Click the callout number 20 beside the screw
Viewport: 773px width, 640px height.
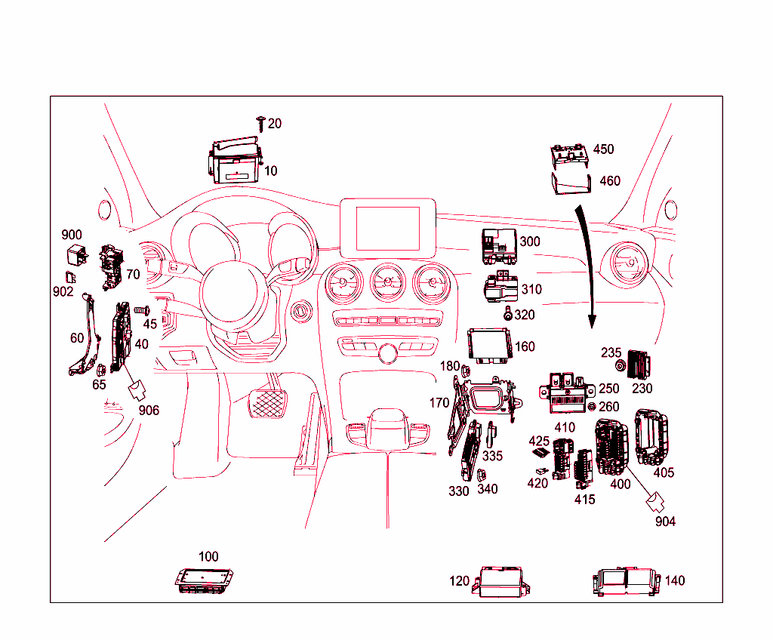(x=275, y=123)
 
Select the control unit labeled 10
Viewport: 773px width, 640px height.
(x=234, y=162)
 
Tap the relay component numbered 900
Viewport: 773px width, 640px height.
(x=76, y=254)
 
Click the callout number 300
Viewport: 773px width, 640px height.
(x=530, y=242)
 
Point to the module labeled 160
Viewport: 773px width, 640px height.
(x=491, y=346)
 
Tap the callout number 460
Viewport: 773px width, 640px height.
(x=609, y=180)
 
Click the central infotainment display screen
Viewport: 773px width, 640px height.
(x=388, y=225)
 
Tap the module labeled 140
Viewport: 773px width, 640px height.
(x=627, y=581)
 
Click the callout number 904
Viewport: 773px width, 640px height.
(x=665, y=522)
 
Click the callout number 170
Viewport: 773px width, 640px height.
(x=439, y=403)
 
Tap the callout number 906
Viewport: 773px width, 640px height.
(x=149, y=410)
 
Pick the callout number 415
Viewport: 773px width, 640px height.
(x=584, y=499)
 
